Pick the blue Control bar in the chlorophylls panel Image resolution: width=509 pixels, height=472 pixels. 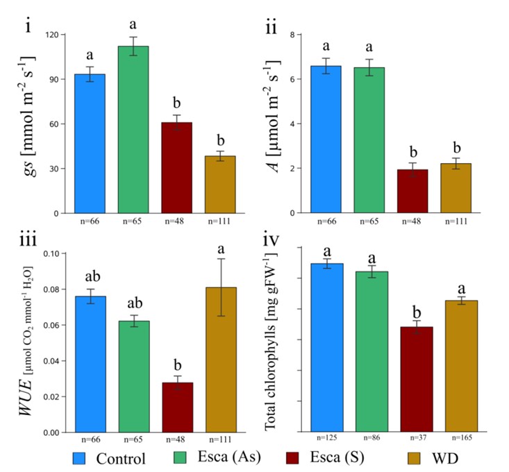tap(327, 347)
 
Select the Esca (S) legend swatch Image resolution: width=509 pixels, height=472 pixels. tap(292, 457)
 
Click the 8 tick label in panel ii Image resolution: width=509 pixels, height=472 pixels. tap(293, 35)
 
